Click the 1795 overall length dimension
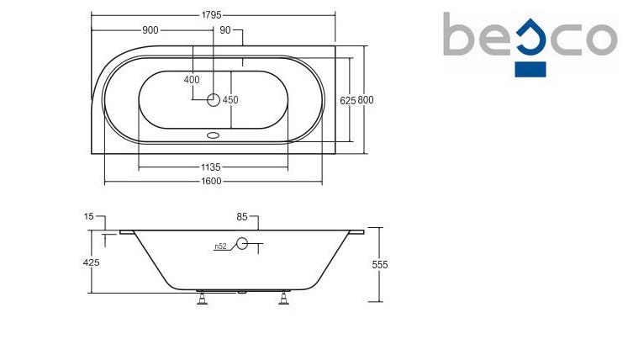211,15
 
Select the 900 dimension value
150,30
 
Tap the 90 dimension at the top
225,30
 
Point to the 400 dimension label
192,80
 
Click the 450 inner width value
230,100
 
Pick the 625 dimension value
348,101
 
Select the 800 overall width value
365,100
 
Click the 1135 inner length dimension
211,167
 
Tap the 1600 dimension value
211,181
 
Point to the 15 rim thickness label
88,216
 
